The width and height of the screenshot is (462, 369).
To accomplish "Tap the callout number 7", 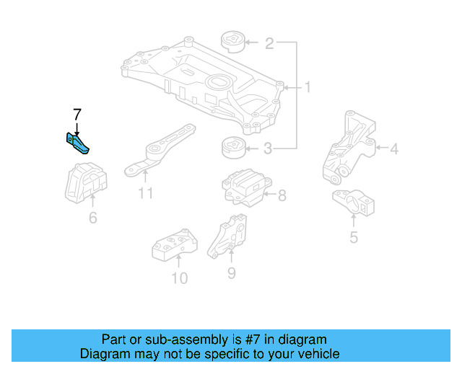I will (77, 113).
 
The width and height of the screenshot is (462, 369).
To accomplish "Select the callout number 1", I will (307, 88).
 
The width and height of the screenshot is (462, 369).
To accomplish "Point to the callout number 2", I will (269, 44).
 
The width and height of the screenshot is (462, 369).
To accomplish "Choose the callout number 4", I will (393, 149).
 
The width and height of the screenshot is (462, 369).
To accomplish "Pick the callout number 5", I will (353, 236).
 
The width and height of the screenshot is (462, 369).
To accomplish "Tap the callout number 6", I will (92, 216).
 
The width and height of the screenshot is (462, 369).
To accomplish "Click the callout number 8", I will (282, 195).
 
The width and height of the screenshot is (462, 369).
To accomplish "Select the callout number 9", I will (232, 272).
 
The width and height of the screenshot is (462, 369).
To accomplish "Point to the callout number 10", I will (179, 277).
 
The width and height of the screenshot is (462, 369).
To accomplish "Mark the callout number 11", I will (146, 192).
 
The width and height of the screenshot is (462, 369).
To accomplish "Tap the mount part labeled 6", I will (85, 186).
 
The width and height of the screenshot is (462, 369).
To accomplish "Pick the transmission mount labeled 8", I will (243, 187).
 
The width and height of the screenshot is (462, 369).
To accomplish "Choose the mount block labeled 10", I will (175, 245).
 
